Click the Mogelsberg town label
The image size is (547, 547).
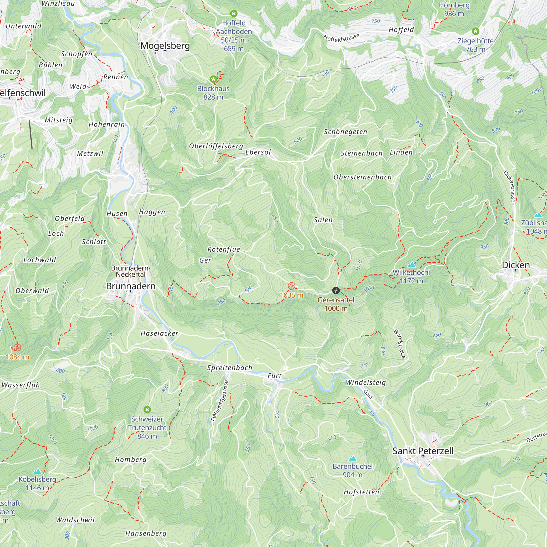[x=165, y=46]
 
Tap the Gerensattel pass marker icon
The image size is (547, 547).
[x=336, y=290]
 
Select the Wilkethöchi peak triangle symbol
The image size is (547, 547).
[x=411, y=265]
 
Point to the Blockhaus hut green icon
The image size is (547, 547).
[x=213, y=79]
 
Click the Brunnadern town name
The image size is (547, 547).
[x=131, y=286]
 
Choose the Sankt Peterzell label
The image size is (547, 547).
[x=423, y=451]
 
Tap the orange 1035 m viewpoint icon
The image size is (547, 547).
[x=291, y=286]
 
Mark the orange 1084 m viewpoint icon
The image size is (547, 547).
[x=17, y=347]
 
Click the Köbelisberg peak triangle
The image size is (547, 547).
[x=37, y=472]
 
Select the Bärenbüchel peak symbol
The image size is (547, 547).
[x=353, y=458]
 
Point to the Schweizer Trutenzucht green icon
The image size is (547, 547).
[x=147, y=409]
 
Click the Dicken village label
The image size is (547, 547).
[x=516, y=265]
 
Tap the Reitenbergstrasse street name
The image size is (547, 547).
[x=219, y=401]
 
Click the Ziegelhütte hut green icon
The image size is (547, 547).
[x=475, y=31]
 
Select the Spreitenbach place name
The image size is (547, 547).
[x=229, y=368]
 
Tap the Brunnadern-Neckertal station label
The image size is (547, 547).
[x=130, y=271]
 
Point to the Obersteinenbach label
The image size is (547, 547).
[x=362, y=177]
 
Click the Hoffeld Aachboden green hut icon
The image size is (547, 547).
[x=234, y=13]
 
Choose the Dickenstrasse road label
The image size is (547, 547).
[x=510, y=186]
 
